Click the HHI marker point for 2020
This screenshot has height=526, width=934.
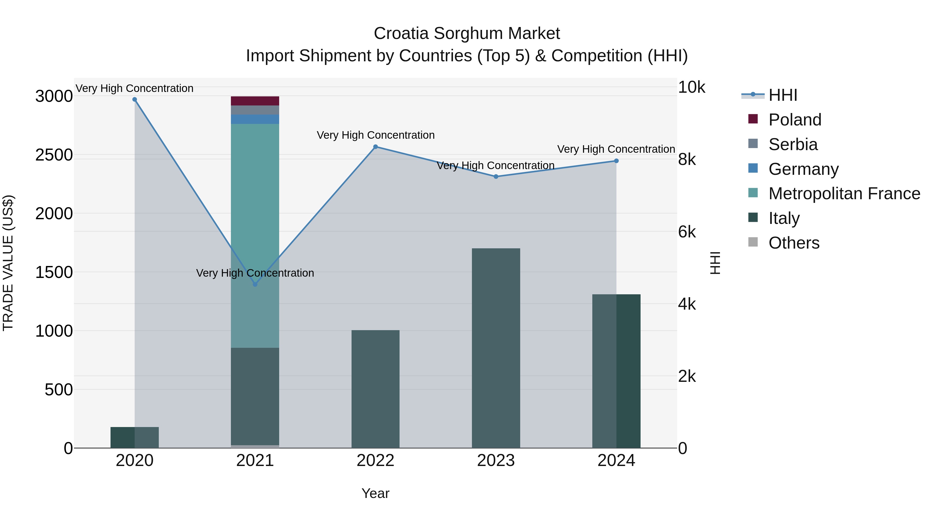(x=134, y=99)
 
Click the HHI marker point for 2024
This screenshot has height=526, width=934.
(x=616, y=161)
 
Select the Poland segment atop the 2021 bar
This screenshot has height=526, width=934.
(x=255, y=101)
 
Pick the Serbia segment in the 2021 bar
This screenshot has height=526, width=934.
(x=255, y=110)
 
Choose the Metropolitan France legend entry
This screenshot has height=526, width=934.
(x=844, y=194)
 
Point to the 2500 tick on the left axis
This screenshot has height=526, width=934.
(x=54, y=155)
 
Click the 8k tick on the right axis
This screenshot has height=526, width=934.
(x=687, y=159)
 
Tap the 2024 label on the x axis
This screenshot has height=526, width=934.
(x=616, y=461)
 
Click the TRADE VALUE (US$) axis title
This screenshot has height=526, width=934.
(x=8, y=263)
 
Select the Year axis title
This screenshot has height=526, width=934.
(x=375, y=493)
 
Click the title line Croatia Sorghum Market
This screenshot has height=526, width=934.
(x=467, y=34)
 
